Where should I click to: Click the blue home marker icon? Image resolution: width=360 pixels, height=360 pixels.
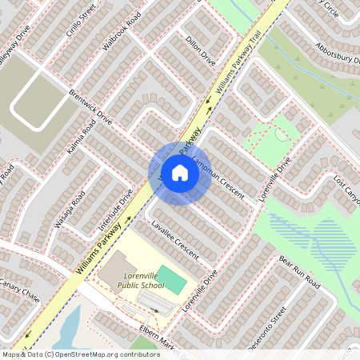(180, 172)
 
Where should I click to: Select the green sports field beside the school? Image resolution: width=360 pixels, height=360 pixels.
(172, 279)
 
